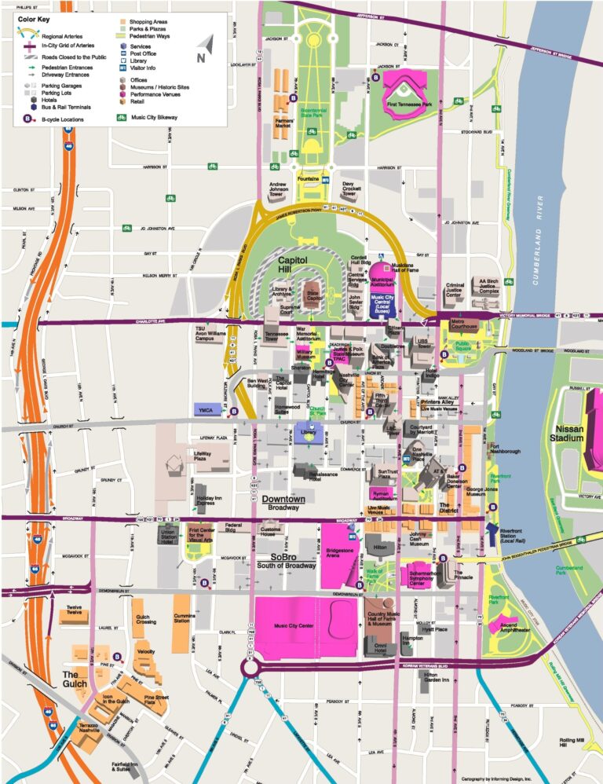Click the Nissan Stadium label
(x=570, y=434)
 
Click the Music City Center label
(x=294, y=626)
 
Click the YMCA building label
(x=206, y=409)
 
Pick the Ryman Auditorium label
(x=383, y=495)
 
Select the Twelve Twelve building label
(x=75, y=610)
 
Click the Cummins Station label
(x=184, y=618)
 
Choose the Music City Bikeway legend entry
(x=155, y=118)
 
